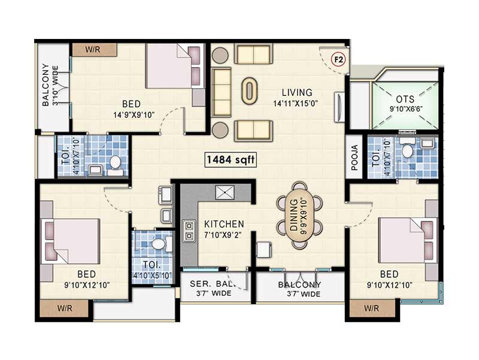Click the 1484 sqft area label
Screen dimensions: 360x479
point(231,160)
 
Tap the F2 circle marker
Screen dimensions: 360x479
point(338,59)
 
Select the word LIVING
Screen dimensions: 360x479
point(298,92)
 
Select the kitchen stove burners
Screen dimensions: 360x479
point(190,231)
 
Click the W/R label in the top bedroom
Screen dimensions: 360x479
point(92,49)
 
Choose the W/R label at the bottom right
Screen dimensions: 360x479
point(371,309)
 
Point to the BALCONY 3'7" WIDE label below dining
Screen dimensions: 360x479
point(299,289)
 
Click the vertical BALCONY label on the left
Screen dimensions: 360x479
point(46,85)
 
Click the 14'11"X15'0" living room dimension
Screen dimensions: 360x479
point(298,102)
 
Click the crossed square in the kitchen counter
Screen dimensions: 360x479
point(225,193)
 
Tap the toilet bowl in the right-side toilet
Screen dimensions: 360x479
point(408,151)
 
